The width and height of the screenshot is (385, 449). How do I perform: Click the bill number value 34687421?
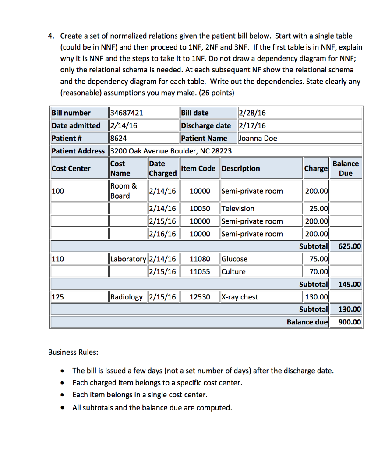click(127, 113)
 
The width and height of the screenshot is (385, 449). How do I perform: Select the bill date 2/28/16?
click(252, 113)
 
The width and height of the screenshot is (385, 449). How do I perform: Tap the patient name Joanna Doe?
click(258, 138)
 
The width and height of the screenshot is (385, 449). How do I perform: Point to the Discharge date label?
click(206, 125)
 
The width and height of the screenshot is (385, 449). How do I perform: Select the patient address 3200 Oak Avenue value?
click(170, 151)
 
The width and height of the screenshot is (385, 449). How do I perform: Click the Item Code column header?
click(198, 168)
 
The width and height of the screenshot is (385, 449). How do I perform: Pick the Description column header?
click(241, 168)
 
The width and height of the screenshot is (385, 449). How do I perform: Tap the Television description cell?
click(238, 208)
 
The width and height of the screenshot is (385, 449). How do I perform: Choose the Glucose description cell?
click(235, 259)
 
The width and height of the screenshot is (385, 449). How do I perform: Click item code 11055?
click(200, 271)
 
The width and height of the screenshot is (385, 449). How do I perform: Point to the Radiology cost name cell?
click(126, 297)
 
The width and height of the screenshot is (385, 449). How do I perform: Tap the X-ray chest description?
click(240, 297)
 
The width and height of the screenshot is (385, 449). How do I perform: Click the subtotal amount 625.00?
click(350, 246)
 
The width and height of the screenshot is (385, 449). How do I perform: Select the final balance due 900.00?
click(350, 322)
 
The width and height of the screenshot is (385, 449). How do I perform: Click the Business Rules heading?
click(73, 352)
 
